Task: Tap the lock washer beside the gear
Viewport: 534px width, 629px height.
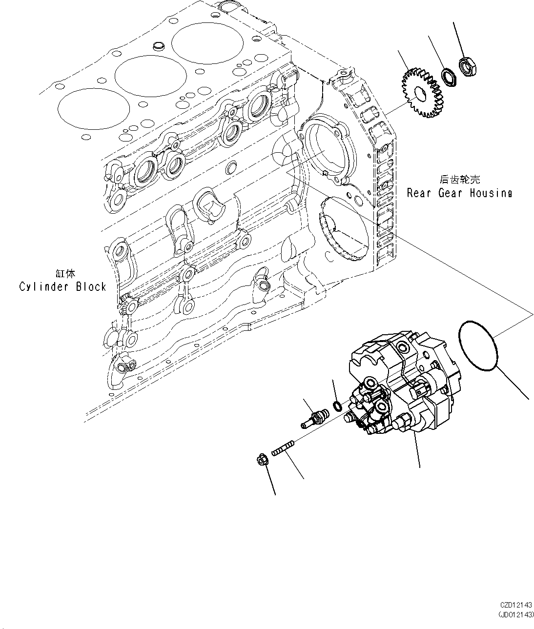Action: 448,77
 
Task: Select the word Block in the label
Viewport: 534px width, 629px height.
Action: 91,286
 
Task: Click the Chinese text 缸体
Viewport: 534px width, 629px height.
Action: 65,274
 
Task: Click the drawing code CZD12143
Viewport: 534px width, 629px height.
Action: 515,605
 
